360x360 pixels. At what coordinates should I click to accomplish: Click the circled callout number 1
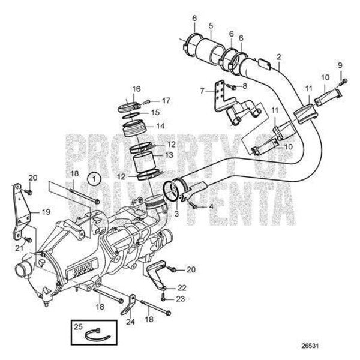click(92, 178)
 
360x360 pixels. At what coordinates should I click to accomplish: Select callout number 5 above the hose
click(211, 26)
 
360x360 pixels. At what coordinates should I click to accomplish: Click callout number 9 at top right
click(339, 65)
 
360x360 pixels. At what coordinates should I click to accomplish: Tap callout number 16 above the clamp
click(137, 89)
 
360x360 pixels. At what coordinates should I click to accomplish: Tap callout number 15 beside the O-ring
click(155, 112)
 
